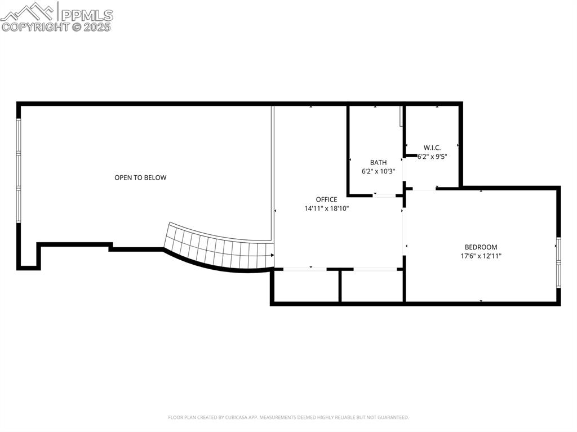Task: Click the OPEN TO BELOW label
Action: click(140, 177)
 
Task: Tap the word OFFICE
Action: click(326, 199)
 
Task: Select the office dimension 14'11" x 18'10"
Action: click(327, 208)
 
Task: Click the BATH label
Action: click(378, 162)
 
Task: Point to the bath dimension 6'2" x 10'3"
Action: click(378, 171)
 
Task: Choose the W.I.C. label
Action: click(432, 148)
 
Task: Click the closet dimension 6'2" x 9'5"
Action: click(432, 157)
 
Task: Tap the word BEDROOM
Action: click(481, 247)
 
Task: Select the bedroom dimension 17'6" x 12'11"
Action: click(481, 256)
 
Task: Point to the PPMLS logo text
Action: click(86, 15)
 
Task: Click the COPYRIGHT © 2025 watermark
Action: click(56, 26)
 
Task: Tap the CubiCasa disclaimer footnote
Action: click(288, 417)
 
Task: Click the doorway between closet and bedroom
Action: click(422, 189)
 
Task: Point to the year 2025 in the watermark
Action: click(99, 26)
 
